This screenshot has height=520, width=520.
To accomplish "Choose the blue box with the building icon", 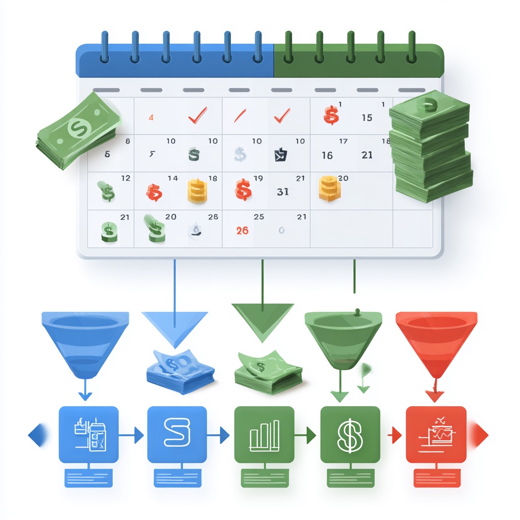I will [x=88, y=434].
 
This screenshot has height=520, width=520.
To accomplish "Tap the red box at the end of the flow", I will [x=436, y=434].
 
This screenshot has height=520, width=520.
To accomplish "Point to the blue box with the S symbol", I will [x=176, y=434].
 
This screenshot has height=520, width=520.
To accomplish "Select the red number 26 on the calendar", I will [x=242, y=231].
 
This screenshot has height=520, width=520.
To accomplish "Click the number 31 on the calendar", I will [x=283, y=192].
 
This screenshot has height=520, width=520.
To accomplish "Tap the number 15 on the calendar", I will [x=367, y=118].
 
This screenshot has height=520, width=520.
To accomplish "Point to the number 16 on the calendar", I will [x=327, y=155].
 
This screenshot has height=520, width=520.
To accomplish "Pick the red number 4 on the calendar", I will [x=151, y=118].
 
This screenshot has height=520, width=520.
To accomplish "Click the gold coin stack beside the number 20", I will [x=329, y=187].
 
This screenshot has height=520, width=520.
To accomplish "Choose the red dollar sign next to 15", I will [x=331, y=115].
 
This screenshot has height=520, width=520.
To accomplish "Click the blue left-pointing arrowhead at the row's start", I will [x=36, y=435].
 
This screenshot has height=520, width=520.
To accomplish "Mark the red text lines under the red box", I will [x=436, y=477].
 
